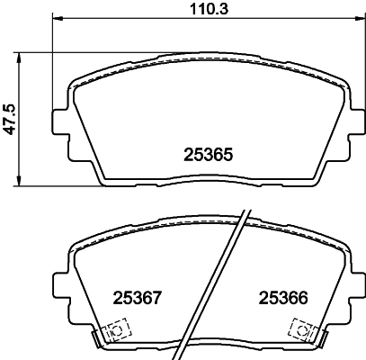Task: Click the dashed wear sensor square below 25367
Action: [114, 331]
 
